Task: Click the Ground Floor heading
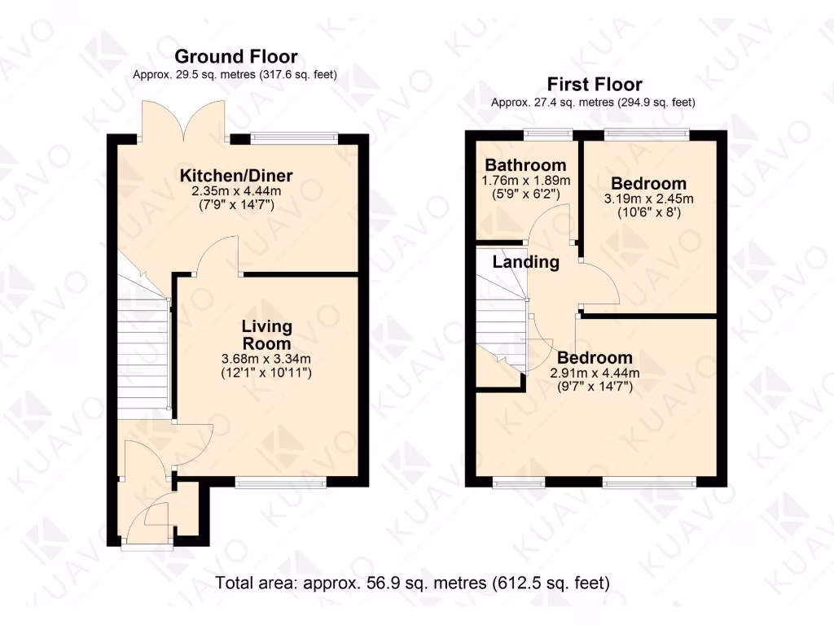(x=236, y=56)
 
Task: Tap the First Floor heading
(x=594, y=84)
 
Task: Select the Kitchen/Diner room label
(x=236, y=176)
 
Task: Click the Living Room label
(x=266, y=334)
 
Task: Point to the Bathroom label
(x=525, y=165)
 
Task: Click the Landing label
(x=526, y=262)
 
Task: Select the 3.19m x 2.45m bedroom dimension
(x=648, y=199)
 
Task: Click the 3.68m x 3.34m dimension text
(x=266, y=359)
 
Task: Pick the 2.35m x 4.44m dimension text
(x=236, y=191)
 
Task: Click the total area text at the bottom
(x=412, y=583)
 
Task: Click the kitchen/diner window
(x=294, y=138)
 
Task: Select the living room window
(x=281, y=483)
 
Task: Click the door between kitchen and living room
(x=217, y=260)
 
